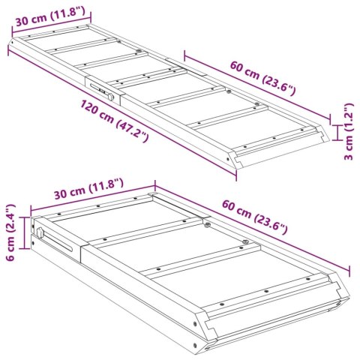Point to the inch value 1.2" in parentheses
[x=348, y=116]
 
